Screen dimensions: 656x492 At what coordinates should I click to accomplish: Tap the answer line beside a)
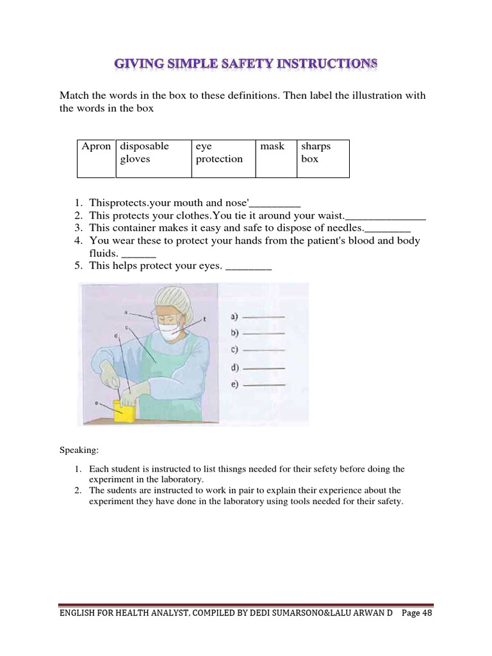[265, 317]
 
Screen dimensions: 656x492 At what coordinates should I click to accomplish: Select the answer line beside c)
[265, 350]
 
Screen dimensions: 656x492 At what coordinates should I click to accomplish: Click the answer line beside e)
[265, 384]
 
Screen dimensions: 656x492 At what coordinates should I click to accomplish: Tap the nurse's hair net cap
[174, 298]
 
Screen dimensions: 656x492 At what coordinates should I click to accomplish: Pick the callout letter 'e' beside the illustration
[96, 404]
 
